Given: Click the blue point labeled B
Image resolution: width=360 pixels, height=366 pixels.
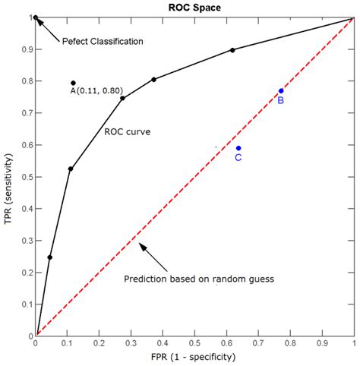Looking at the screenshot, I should [x=281, y=91].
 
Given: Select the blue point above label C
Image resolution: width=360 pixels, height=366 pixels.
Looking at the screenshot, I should [x=238, y=148].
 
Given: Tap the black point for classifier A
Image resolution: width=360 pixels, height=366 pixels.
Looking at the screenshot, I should [x=74, y=83].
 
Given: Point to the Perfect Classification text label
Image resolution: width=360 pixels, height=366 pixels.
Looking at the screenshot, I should [x=102, y=41].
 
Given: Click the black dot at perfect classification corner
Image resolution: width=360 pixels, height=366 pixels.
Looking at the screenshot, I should [x=36, y=17].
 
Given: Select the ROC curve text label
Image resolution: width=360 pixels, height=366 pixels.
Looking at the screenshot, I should [x=127, y=131].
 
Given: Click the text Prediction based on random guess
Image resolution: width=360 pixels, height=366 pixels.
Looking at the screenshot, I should [x=198, y=279].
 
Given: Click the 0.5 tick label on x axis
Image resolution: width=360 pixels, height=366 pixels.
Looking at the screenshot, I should [x=194, y=344].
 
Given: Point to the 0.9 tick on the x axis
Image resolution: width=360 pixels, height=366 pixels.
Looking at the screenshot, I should [x=322, y=344].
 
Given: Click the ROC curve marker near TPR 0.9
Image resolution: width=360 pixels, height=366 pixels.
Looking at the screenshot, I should [x=232, y=50].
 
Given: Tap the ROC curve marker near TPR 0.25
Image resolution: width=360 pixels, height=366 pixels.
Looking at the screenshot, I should [x=50, y=257].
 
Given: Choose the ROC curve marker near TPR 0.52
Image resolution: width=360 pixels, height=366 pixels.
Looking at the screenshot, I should [x=71, y=169].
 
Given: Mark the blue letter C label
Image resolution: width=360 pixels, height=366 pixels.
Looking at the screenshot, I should [x=238, y=158].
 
